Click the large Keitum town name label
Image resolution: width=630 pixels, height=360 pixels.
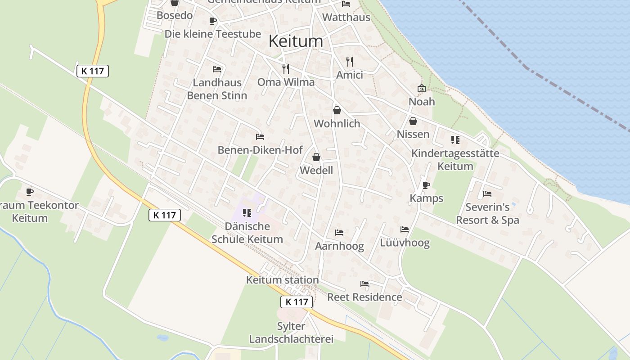[x=296, y=41]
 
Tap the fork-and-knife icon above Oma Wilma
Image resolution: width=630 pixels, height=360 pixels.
[x=286, y=68]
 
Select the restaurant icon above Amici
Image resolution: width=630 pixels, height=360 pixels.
[x=350, y=61]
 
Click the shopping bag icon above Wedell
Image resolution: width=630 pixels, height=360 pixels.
[x=316, y=157]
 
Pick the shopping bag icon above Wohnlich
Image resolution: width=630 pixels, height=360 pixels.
[x=337, y=110]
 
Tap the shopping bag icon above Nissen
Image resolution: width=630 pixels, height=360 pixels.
[x=413, y=121]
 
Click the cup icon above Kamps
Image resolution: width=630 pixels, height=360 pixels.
[x=426, y=185]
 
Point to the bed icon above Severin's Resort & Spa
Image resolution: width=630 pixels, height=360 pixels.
[x=487, y=194]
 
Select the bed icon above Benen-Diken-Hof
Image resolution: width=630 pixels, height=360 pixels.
[x=260, y=137]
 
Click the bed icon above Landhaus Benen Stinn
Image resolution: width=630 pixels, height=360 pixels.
[x=217, y=69]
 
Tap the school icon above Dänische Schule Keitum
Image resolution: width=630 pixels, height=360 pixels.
[x=247, y=212]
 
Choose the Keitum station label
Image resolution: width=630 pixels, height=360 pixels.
[x=282, y=280]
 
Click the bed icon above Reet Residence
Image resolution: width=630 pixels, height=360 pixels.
[x=364, y=284]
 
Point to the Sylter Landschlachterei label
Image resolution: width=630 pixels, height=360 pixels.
[x=291, y=333]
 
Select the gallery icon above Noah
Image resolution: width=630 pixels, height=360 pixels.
[x=422, y=88]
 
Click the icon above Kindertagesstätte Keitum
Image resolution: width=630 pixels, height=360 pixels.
[x=455, y=140]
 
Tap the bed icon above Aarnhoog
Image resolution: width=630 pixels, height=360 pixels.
[x=339, y=233]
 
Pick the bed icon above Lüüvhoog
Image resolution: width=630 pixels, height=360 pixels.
[x=405, y=229]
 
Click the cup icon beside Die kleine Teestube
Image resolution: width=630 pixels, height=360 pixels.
[x=213, y=21]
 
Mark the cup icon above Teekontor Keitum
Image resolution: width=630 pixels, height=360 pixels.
[x=30, y=192]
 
